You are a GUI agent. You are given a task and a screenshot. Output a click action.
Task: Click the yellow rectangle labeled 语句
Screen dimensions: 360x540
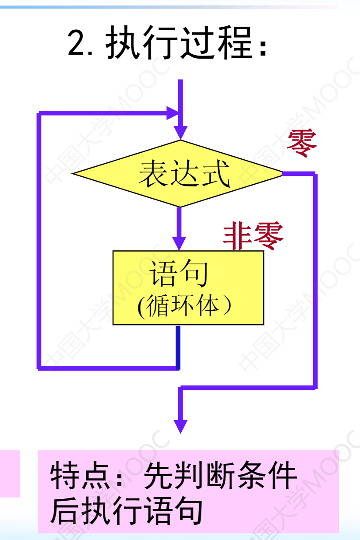click(x=188, y=287)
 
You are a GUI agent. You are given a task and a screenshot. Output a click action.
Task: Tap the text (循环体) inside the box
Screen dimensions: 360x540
click(x=184, y=306)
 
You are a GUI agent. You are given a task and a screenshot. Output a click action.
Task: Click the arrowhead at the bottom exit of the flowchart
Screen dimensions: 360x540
click(x=180, y=426)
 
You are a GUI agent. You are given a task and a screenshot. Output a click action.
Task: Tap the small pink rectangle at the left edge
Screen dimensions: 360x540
click(x=10, y=473)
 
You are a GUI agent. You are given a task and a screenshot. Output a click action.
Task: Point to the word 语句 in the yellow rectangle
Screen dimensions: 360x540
click(x=178, y=274)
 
